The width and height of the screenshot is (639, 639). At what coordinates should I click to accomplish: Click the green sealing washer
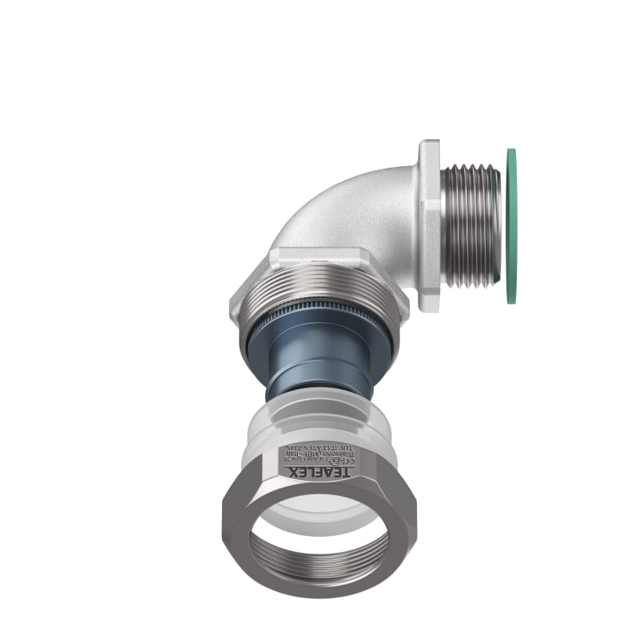click(x=510, y=226)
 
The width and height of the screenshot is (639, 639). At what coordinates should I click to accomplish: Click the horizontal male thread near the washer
click(x=472, y=226)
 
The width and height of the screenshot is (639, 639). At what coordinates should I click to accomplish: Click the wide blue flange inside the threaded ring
click(x=319, y=339)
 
